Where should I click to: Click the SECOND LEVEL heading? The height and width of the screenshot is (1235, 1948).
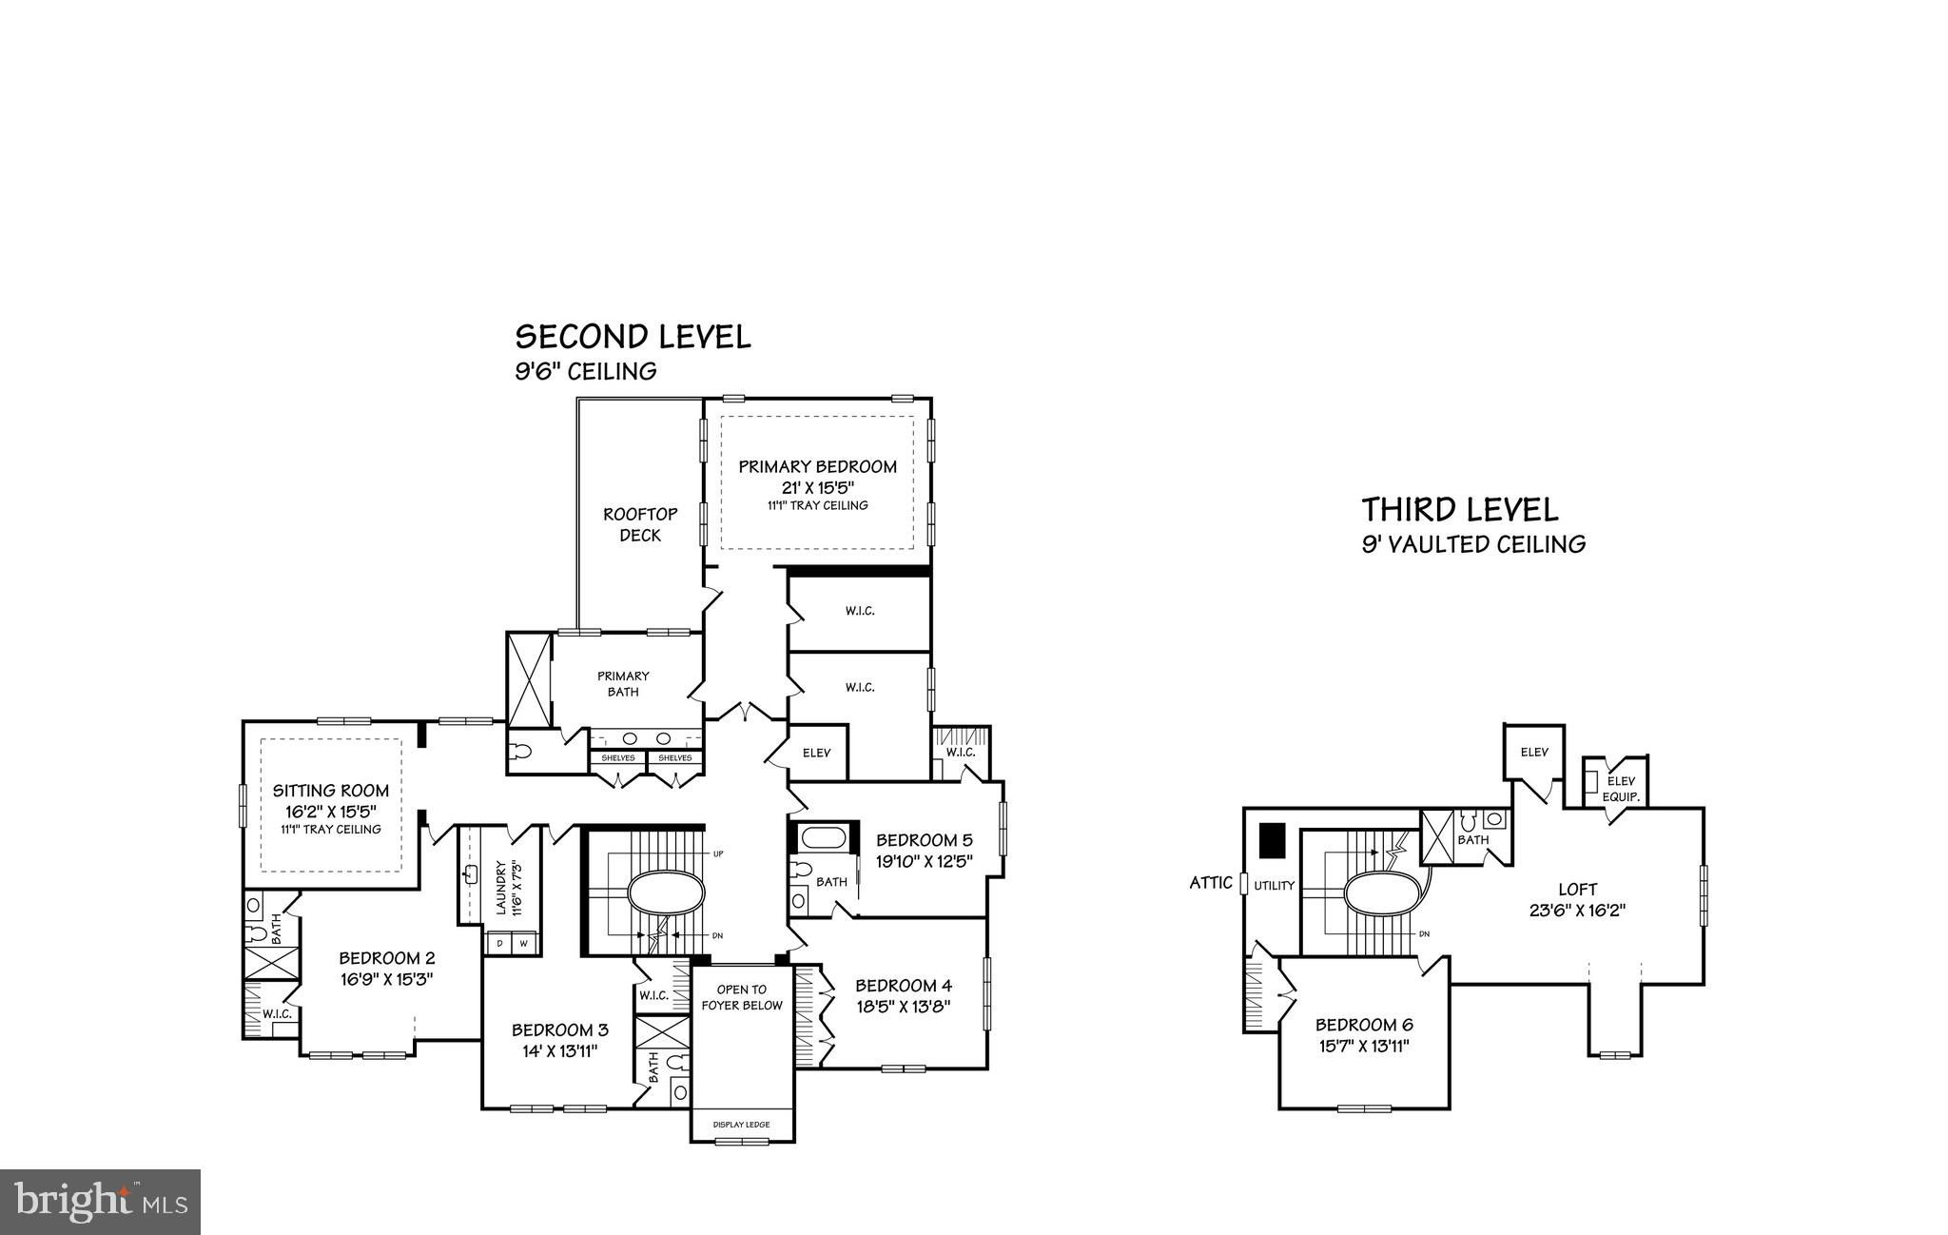pos(633,336)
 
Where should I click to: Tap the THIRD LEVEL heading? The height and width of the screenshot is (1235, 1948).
pos(1460,510)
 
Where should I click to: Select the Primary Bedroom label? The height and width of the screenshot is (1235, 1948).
pos(817,466)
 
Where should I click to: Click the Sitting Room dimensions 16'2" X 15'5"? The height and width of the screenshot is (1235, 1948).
pos(331,812)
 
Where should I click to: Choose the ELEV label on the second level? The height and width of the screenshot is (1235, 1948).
pos(816,753)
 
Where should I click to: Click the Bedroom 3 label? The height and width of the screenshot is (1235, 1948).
pos(559,1029)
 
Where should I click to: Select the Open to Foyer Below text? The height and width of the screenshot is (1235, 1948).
pos(742,997)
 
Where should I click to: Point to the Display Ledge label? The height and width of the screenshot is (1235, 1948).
pos(741,1125)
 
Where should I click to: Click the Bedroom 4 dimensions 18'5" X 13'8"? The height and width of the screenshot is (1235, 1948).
pos(903,1006)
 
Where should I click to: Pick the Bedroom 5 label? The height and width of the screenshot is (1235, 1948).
pos(924,840)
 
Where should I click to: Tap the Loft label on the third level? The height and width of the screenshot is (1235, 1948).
pos(1578,890)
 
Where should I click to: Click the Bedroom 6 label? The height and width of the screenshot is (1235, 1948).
pos(1364,1025)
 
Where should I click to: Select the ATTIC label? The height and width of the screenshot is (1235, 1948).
pos(1211,883)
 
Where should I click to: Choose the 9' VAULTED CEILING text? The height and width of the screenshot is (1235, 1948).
pos(1473,544)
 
